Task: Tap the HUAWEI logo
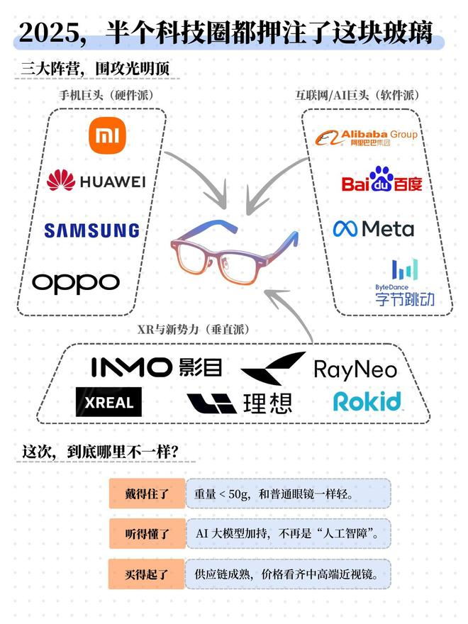[95, 182]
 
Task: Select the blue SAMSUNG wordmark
[91, 230]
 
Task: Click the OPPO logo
[76, 283]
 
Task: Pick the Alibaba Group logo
[366, 137]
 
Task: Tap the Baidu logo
[381, 180]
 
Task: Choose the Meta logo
[374, 228]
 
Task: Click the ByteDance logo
[405, 282]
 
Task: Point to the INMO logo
[156, 367]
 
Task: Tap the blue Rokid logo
[367, 401]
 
